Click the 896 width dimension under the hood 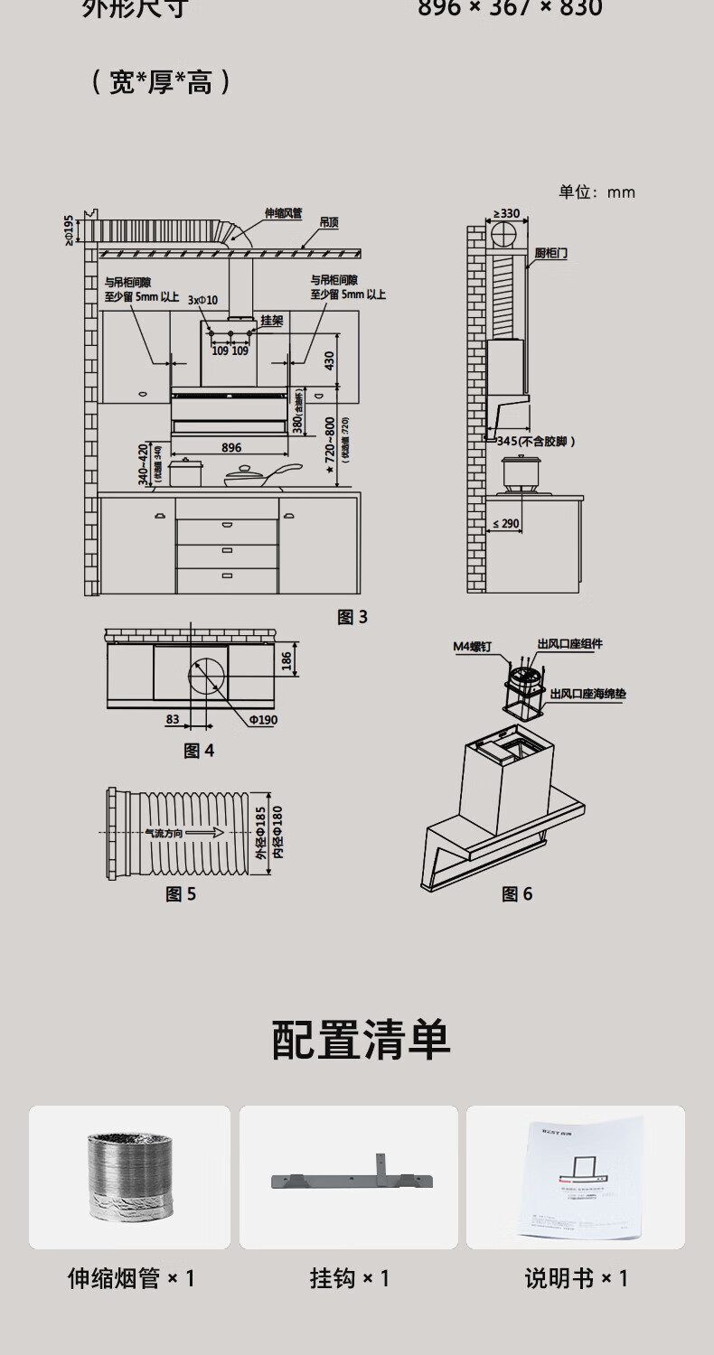tap(230, 448)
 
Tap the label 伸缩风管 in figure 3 tap(283, 214)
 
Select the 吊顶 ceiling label tap(329, 222)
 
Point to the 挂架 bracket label tap(272, 321)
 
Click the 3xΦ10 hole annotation tap(202, 300)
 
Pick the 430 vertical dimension tap(329, 360)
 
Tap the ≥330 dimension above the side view tap(506, 214)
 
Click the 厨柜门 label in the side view tap(550, 255)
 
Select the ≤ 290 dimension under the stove tap(506, 524)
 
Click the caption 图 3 tap(352, 617)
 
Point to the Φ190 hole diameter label tap(262, 720)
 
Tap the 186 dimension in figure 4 tap(287, 662)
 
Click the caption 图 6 tap(517, 894)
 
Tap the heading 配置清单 tap(361, 1041)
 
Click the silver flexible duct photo tap(129, 1176)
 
